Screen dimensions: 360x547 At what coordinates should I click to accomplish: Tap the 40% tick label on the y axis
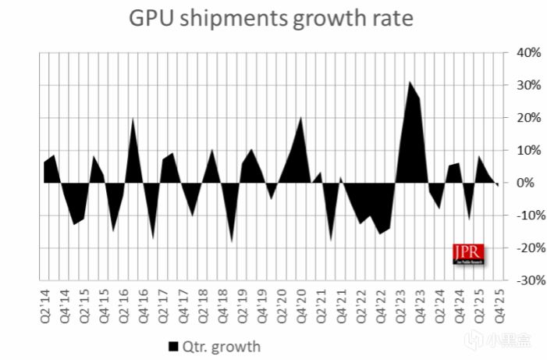click(521, 53)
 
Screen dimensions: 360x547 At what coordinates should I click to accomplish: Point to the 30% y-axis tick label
click(521, 85)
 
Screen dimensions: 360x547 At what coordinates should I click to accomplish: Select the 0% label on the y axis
click(524, 183)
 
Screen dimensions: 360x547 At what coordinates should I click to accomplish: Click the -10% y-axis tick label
click(520, 216)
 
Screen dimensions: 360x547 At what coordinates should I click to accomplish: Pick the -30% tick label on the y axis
click(520, 280)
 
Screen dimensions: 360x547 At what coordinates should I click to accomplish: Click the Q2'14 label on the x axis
click(46, 303)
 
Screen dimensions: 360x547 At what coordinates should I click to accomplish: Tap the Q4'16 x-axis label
click(144, 303)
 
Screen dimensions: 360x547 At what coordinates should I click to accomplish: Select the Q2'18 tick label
click(203, 303)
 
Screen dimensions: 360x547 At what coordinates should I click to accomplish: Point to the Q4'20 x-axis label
click(301, 303)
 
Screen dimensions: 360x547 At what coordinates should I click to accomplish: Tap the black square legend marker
click(172, 344)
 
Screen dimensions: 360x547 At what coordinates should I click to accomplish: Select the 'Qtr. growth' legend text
click(222, 344)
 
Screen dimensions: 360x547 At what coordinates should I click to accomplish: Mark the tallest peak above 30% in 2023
click(410, 82)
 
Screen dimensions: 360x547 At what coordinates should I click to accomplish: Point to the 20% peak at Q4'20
click(301, 119)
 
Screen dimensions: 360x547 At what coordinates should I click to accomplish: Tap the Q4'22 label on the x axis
click(380, 303)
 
